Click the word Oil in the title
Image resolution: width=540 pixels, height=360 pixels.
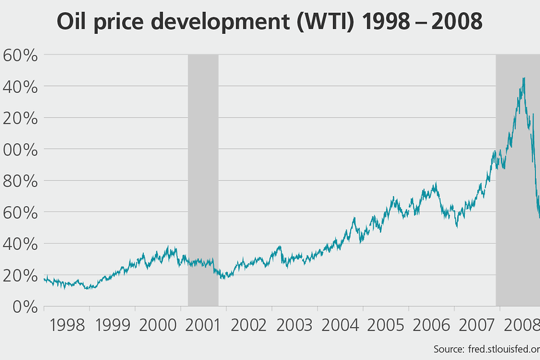tap(73, 22)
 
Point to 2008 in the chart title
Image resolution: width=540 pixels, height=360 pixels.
tap(455, 22)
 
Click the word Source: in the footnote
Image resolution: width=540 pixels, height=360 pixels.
tap(447, 349)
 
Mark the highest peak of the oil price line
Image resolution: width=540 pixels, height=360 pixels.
tap(523, 78)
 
